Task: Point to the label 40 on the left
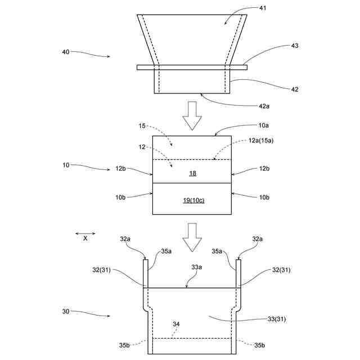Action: tap(66, 52)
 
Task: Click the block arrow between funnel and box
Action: tap(192, 115)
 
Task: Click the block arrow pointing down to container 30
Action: tap(192, 236)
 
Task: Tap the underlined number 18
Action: tap(192, 174)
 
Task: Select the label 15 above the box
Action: tap(142, 127)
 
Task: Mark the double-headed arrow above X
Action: tap(86, 233)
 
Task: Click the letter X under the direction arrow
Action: tap(85, 238)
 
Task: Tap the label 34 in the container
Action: tap(177, 324)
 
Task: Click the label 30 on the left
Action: tap(66, 310)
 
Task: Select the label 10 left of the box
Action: tap(66, 165)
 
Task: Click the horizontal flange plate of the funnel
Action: tap(192, 67)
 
